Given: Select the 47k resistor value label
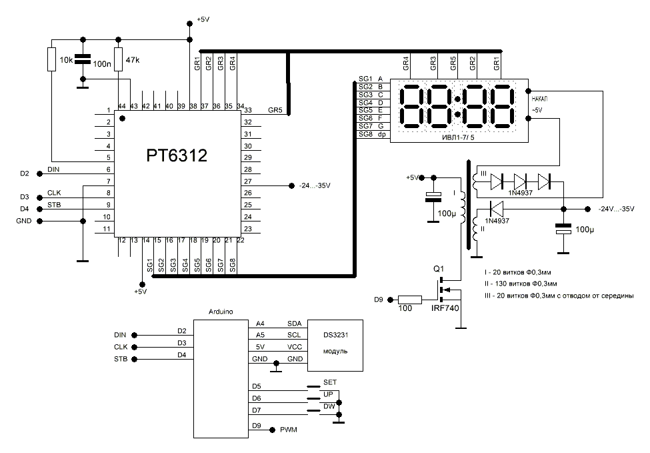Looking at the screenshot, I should point(133,59).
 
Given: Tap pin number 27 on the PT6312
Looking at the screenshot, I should point(248,181).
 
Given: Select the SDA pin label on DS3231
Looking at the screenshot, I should point(294,323).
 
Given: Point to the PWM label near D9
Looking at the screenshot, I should point(289,430).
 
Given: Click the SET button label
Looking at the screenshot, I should point(331,382).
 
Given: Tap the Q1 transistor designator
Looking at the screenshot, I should point(438,269).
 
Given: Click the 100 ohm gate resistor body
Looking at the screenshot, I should point(411,299).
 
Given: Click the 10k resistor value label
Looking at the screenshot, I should point(66,60).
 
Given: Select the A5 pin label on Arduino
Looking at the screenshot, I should point(260,335).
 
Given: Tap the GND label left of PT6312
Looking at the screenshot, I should point(24,220).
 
